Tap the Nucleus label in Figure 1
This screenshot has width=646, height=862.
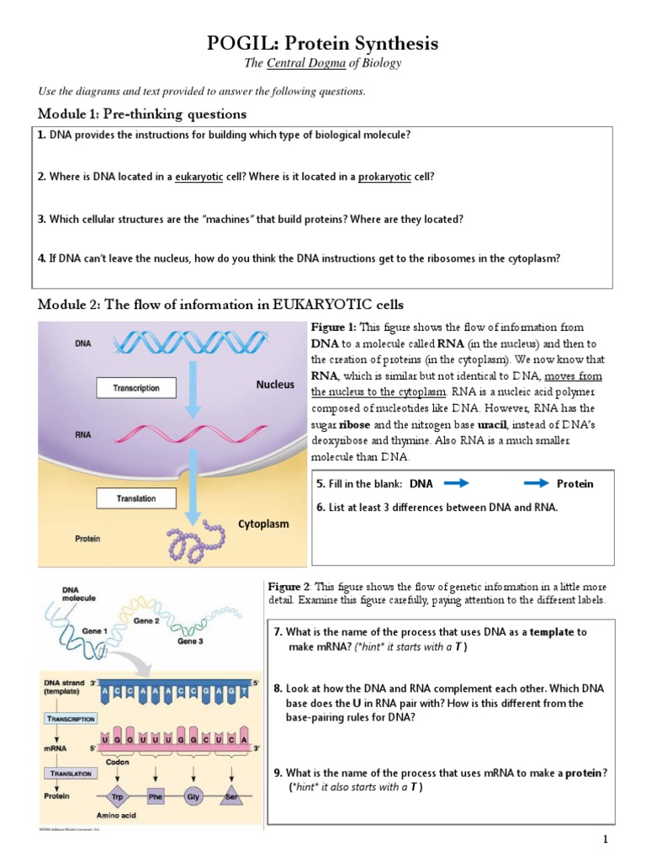(275, 385)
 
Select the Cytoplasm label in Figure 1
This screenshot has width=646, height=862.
(263, 524)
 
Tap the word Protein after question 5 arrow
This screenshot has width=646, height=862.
(575, 484)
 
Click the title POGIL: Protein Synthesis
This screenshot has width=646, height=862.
(323, 44)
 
